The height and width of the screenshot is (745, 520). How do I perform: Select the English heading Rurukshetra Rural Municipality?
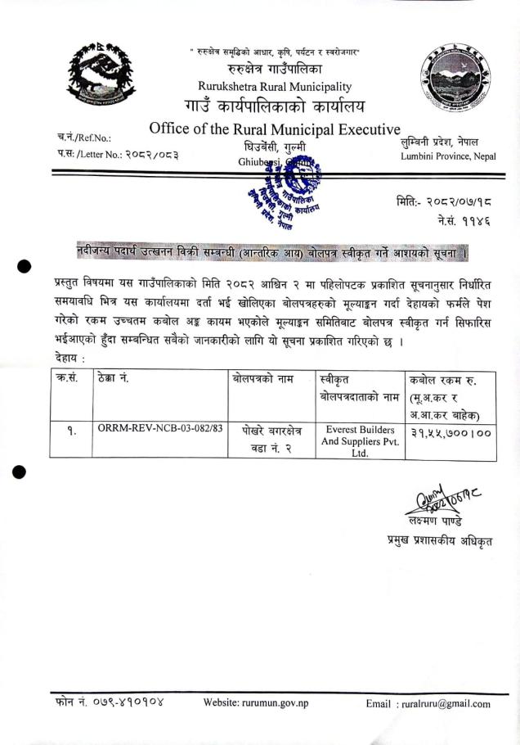click(275, 87)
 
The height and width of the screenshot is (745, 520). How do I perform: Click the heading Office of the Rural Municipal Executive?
click(275, 129)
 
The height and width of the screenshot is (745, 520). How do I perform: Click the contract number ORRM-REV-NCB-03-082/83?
click(154, 428)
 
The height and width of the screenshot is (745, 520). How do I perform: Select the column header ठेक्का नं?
click(114, 379)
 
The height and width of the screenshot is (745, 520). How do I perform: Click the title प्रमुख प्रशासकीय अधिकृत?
click(440, 540)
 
